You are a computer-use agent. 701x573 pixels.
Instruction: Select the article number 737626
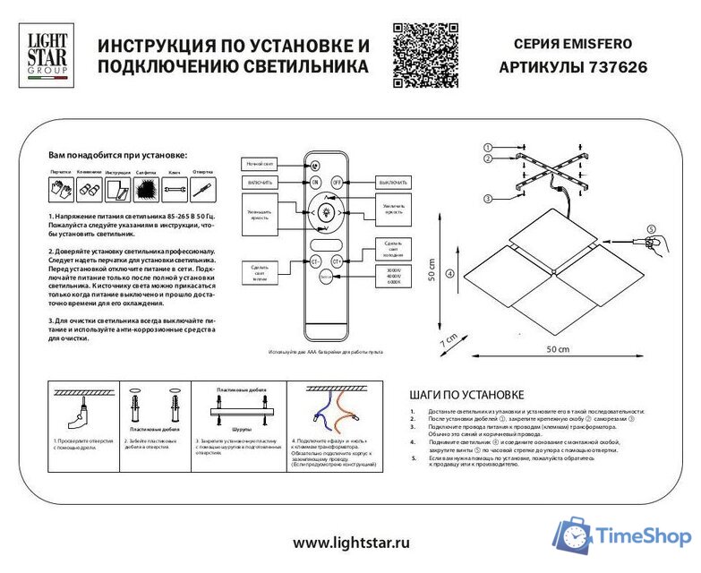tap(617, 67)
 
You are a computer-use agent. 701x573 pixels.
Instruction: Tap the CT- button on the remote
tap(315, 261)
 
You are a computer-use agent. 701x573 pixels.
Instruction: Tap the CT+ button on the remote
tap(338, 261)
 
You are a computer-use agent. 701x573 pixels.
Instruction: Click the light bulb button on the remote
tap(326, 213)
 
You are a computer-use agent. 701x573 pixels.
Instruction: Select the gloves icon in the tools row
tap(61, 189)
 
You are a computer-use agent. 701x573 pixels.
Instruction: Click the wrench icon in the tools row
tap(175, 189)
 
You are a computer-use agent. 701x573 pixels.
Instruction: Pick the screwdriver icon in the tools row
tap(203, 189)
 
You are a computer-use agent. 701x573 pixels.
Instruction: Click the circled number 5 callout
tap(651, 228)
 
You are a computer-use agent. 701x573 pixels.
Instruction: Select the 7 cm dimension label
tap(449, 340)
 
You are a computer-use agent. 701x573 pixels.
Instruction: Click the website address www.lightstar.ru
tap(351, 543)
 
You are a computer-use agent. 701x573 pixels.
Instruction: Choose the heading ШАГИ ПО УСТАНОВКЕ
tap(466, 394)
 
